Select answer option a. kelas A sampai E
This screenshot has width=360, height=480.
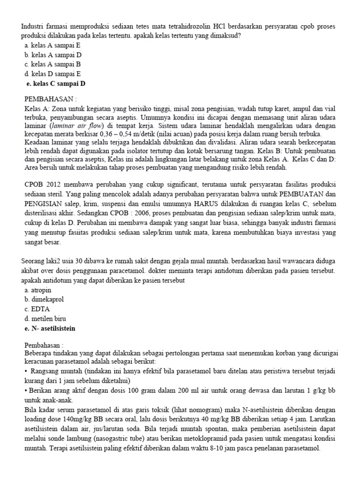coord(52,45)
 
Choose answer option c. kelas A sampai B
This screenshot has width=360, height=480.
coord(52,64)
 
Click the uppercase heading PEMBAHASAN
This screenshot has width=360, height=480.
coord(50,99)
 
